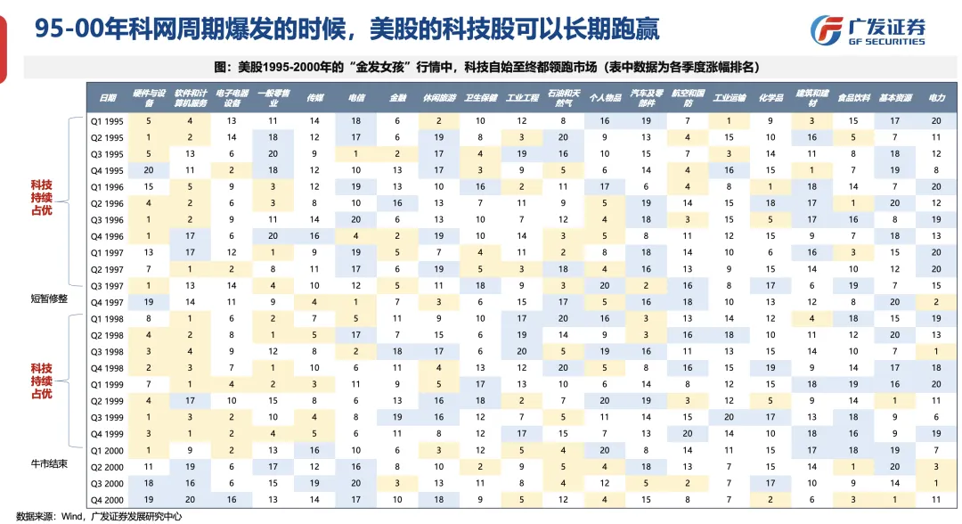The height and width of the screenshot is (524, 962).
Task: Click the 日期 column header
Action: tap(107, 97)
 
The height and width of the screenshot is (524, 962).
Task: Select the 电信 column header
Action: tap(355, 97)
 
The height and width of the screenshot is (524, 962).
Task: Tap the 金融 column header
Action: tap(397, 97)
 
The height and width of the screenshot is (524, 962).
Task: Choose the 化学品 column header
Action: tap(770, 97)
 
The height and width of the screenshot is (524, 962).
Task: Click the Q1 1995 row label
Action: tap(107, 120)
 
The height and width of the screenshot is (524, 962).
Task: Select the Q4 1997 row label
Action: tap(107, 302)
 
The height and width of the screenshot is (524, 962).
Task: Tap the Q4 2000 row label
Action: tap(107, 500)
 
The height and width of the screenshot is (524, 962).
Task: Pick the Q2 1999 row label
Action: tap(107, 401)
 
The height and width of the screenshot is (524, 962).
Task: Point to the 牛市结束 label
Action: tap(48, 463)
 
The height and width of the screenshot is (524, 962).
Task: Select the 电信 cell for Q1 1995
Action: tap(355, 120)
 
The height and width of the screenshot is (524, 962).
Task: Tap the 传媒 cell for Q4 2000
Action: tap(314, 500)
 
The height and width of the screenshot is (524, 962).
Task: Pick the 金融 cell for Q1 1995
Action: tap(397, 120)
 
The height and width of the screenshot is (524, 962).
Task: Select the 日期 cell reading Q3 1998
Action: tap(107, 352)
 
